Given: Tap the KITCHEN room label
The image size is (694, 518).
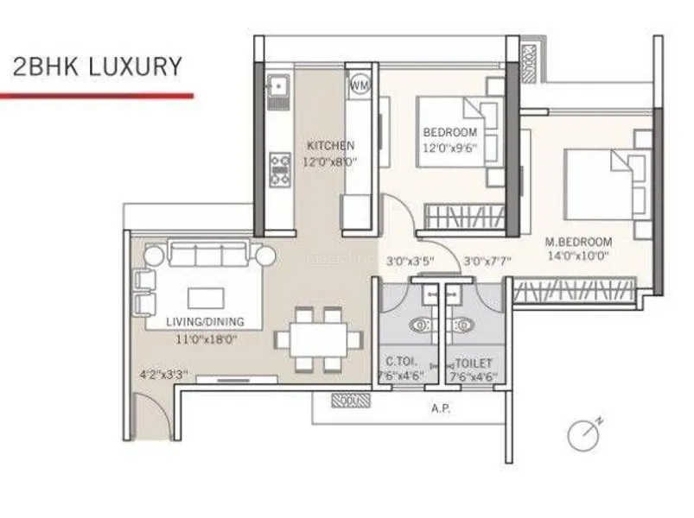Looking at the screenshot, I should click(330, 146).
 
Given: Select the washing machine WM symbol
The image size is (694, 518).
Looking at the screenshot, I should click(360, 85).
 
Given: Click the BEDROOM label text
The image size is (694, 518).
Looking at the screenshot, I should click(449, 132).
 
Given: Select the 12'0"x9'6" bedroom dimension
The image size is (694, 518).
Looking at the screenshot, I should click(449, 147).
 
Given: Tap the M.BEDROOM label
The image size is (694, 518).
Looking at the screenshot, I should click(578, 242).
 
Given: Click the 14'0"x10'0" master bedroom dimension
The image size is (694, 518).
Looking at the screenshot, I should click(578, 256).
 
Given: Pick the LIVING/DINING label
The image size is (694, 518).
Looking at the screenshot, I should click(205, 322).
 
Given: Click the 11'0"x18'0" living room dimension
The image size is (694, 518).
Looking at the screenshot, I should click(205, 339).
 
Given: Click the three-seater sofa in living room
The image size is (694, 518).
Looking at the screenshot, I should click(209, 255).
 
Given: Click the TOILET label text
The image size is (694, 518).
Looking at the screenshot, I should click(473, 363).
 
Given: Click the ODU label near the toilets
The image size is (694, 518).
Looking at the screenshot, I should click(351, 401).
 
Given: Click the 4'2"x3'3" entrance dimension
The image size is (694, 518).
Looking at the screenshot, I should click(164, 376).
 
